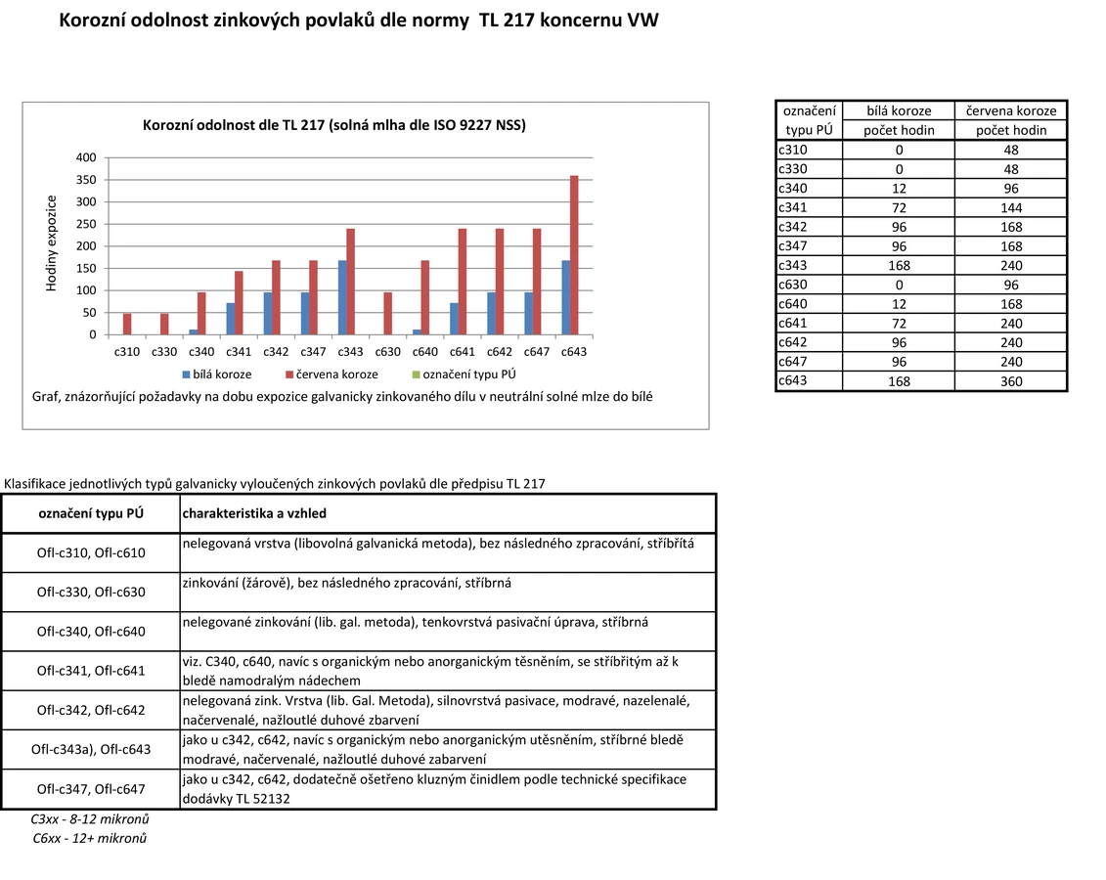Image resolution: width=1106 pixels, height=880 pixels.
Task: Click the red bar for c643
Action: [x=574, y=255]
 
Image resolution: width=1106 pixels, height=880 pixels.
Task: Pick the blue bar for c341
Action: [x=231, y=319]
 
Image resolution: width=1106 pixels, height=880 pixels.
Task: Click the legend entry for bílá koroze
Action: [x=216, y=374]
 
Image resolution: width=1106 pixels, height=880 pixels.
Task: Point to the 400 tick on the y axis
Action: [x=86, y=157]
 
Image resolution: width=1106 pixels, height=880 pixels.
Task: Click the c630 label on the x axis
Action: [x=388, y=352]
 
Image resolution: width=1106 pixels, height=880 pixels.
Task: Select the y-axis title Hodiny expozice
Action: [x=53, y=243]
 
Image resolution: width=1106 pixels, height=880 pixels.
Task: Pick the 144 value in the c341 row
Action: [x=1011, y=207]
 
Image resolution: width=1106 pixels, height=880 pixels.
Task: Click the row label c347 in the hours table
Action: [x=793, y=245]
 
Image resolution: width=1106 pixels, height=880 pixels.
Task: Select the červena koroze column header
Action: [x=1011, y=111]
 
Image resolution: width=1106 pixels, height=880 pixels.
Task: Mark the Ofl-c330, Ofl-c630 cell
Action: [x=91, y=592]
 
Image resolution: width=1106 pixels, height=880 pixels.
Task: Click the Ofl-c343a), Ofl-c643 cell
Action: [x=91, y=750]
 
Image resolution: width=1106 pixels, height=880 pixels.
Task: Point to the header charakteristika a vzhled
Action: [x=254, y=513]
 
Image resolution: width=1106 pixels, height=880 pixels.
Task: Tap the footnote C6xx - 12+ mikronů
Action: [x=89, y=838]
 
